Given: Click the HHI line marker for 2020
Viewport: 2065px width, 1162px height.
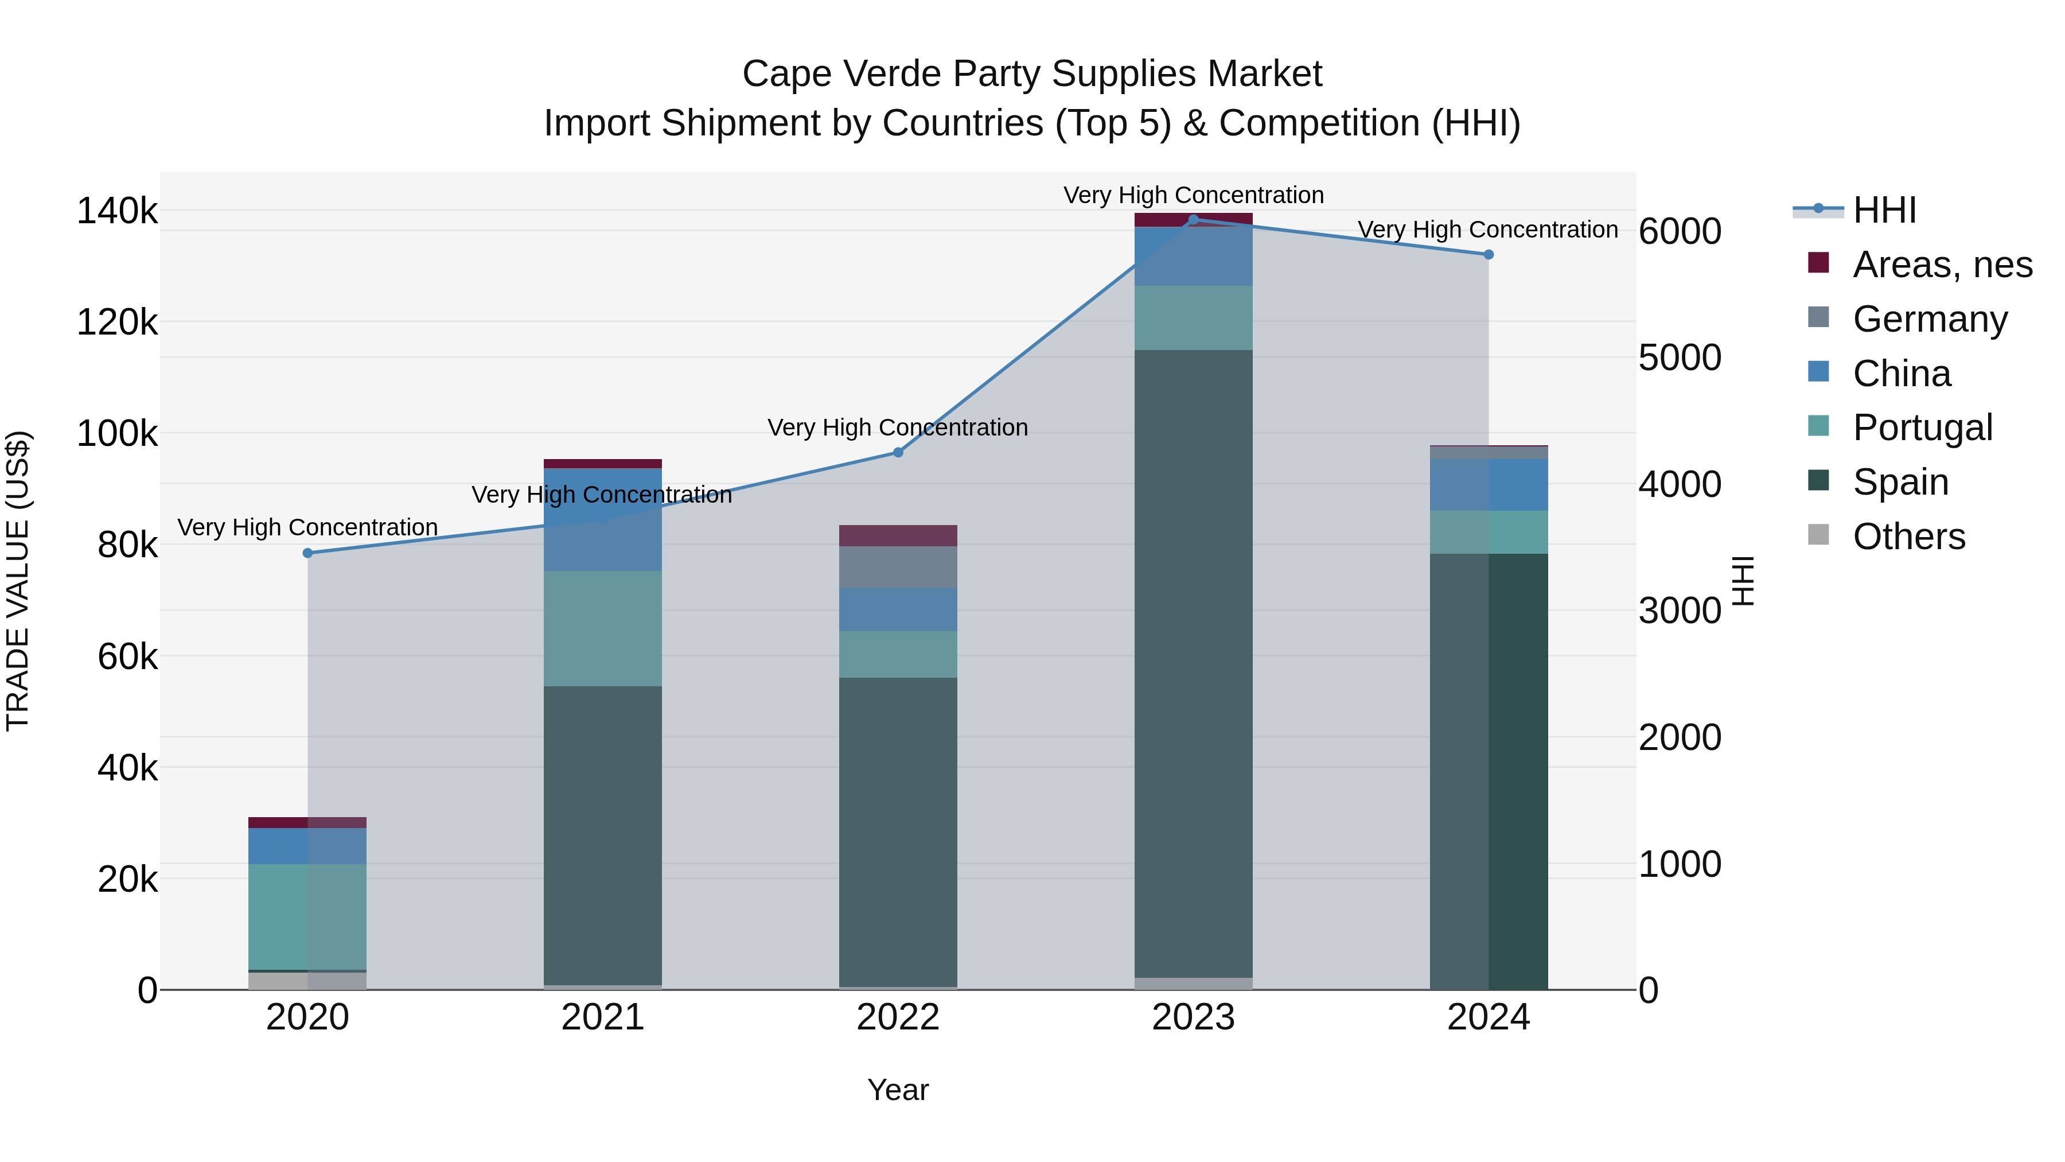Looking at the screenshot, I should click(308, 553).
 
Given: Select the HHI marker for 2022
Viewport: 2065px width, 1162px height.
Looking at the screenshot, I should click(898, 452).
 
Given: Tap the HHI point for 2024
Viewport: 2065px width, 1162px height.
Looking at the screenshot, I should click(1489, 255).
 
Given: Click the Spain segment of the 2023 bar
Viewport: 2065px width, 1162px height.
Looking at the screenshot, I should click(1193, 663).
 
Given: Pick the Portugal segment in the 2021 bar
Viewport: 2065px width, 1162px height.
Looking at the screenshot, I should click(603, 629).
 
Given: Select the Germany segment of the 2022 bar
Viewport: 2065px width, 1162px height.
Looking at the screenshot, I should click(898, 567).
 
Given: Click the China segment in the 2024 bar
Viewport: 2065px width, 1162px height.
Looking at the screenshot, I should click(1489, 485).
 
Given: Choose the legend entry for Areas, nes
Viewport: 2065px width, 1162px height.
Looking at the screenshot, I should click(1942, 265).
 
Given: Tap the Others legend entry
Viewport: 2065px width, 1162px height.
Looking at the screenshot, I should click(1908, 537).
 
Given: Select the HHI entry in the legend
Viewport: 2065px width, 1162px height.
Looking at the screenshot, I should click(1884, 210).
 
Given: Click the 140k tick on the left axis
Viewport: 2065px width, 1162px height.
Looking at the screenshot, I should click(117, 212).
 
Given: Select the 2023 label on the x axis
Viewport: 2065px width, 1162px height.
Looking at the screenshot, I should click(1193, 1017).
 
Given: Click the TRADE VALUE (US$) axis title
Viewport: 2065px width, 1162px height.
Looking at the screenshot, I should click(18, 581).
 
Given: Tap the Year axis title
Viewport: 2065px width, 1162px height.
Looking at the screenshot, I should click(898, 1090).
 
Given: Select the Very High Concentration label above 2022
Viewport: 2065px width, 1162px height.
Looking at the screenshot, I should click(898, 428).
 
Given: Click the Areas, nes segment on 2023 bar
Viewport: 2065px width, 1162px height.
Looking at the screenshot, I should click(1193, 220).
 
